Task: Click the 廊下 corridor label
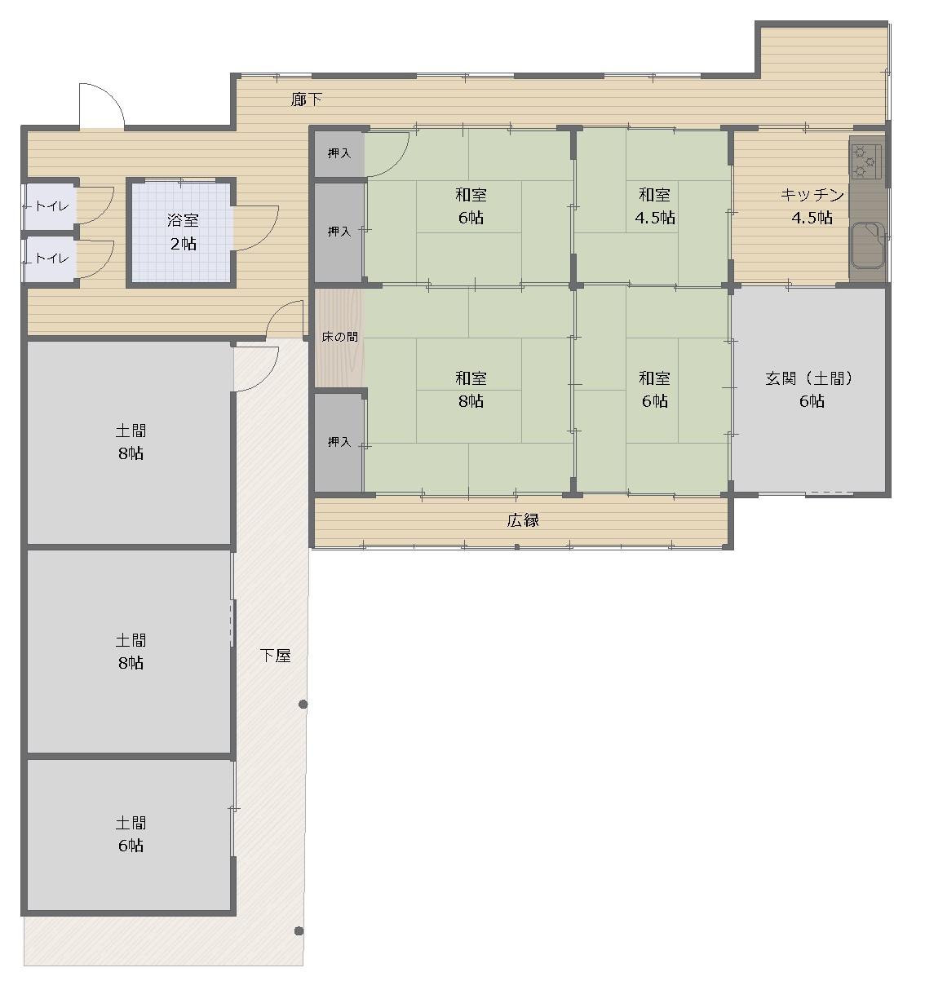click(307, 100)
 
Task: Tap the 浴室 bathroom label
click(183, 220)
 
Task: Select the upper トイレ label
click(51, 206)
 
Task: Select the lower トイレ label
click(51, 259)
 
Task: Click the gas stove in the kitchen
click(866, 161)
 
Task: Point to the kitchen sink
click(868, 245)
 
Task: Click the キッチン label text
click(812, 195)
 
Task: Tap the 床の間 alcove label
click(339, 337)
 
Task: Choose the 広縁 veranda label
click(523, 520)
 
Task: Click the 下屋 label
click(275, 656)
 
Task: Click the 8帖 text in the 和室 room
click(471, 401)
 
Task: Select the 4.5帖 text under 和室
click(655, 218)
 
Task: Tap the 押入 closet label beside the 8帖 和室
click(339, 442)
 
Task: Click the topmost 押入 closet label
click(339, 153)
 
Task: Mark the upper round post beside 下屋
click(303, 705)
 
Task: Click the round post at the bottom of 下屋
click(299, 931)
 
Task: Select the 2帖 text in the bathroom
click(184, 244)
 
